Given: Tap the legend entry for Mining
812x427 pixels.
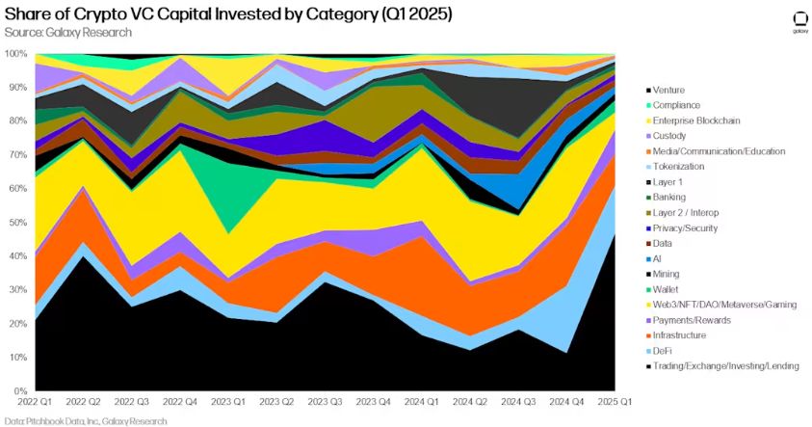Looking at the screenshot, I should pos(666,274).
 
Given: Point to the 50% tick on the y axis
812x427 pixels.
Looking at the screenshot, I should pos(16,223).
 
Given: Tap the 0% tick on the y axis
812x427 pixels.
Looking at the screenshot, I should pos(19,391).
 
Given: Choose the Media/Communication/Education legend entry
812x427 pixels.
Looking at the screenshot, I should pos(719,151).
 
